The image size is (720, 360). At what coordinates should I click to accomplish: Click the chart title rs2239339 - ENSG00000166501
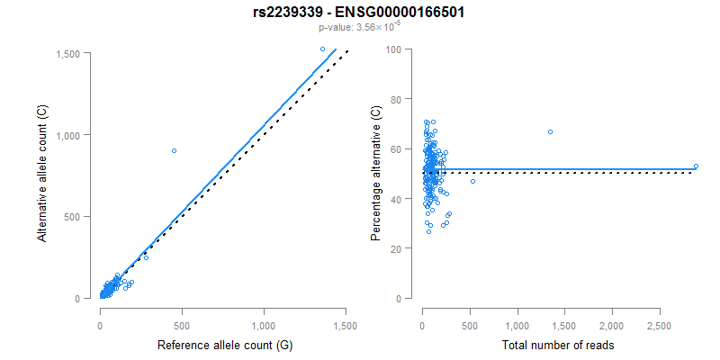point(359,13)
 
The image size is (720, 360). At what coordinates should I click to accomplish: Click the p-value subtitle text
point(359,29)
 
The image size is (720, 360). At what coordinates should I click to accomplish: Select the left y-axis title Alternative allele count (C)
point(41,174)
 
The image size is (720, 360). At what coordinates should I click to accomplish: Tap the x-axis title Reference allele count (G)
point(223,345)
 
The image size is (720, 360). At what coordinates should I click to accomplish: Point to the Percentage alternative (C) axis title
point(376,174)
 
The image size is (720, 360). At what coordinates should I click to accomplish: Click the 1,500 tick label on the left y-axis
point(72,54)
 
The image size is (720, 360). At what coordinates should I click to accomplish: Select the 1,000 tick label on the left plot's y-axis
point(72,135)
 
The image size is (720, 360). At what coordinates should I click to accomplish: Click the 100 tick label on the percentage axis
point(392,49)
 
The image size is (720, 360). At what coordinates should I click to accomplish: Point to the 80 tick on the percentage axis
point(395,98)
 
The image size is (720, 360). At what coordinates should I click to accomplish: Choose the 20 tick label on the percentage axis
point(395,247)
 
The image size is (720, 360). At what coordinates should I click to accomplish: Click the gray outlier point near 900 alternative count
point(174,150)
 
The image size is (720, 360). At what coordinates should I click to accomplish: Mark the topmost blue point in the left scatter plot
point(322,49)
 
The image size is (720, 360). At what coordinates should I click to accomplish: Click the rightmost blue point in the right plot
point(696,166)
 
